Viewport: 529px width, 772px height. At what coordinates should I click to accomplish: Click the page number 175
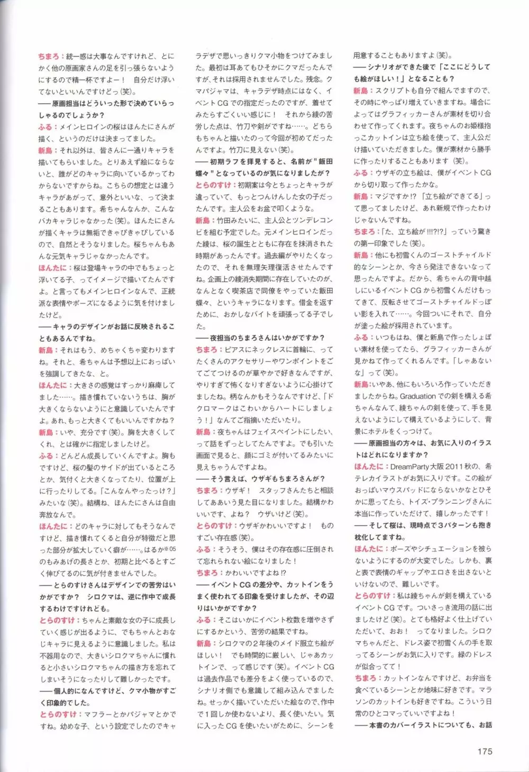485,751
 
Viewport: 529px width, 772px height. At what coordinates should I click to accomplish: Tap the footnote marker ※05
169,549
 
